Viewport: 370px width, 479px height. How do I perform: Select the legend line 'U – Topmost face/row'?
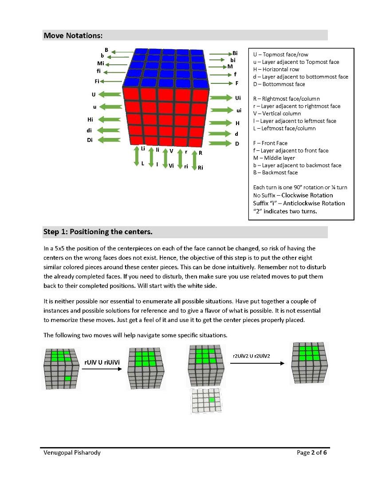(280, 55)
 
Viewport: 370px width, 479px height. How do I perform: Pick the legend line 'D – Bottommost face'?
(279, 84)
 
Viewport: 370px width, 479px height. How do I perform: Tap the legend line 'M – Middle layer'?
(274, 158)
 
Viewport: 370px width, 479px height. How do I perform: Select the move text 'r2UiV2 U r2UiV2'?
(251, 356)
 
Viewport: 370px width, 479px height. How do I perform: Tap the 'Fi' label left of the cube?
(97, 81)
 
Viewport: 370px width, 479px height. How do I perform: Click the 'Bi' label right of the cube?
(235, 53)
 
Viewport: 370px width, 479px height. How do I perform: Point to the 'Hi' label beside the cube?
(90, 120)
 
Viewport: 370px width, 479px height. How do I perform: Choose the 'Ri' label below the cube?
(201, 168)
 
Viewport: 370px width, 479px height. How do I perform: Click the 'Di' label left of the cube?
(90, 141)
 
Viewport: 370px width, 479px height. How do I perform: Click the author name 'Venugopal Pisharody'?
(71, 453)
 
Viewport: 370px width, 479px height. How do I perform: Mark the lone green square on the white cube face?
(212, 400)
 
